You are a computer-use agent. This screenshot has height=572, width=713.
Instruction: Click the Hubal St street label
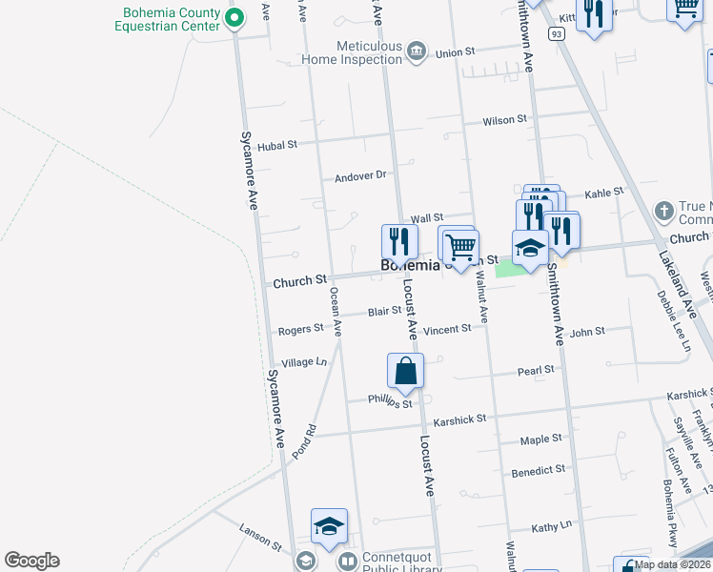[277, 145]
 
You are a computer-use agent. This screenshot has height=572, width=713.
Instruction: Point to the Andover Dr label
[359, 175]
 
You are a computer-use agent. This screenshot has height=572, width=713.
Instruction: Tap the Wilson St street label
[504, 120]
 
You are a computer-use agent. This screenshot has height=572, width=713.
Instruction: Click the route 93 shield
[557, 33]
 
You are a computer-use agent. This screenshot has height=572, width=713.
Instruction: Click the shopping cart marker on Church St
[461, 248]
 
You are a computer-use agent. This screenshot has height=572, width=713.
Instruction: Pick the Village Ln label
[304, 362]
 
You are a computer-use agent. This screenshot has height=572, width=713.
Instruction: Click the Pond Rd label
[303, 442]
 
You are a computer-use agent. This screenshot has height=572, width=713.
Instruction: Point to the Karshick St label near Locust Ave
[459, 419]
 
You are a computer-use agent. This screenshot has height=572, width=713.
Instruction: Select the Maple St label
[541, 439]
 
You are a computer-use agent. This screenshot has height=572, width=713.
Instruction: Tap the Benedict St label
[539, 470]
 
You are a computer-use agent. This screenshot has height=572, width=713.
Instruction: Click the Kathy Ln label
[551, 525]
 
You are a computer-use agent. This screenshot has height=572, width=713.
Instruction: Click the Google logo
[31, 561]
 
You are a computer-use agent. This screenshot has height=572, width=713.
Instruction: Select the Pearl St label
[536, 370]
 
